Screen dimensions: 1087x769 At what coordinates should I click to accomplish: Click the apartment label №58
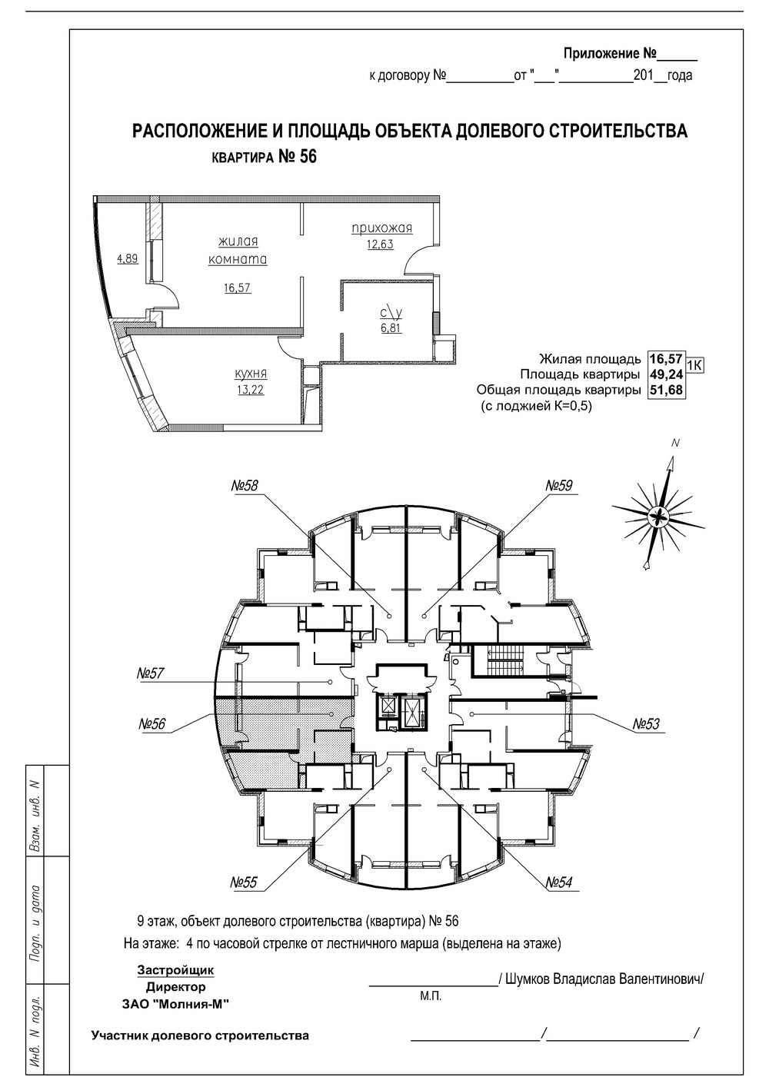point(245,486)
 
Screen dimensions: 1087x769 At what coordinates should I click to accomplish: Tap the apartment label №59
point(560,486)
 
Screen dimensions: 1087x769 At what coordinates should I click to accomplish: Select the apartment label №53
point(647,724)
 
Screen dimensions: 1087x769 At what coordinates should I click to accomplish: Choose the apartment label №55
point(244,883)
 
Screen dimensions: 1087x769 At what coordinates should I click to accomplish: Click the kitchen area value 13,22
point(250,389)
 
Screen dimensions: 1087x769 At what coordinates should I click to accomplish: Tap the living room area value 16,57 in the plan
point(238,288)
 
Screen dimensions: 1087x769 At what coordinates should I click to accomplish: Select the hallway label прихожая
point(382,228)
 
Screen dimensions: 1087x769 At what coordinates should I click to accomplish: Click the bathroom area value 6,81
point(390,327)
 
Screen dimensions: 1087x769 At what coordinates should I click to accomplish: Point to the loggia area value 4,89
point(127,259)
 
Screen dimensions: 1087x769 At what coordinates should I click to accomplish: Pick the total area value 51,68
point(665,391)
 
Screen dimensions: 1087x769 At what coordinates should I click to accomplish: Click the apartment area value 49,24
point(665,375)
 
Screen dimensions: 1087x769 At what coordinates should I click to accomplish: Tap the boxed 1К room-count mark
point(694,364)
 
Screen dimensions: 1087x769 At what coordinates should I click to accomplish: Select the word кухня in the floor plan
point(251,374)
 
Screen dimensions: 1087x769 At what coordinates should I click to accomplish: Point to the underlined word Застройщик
point(175,970)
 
